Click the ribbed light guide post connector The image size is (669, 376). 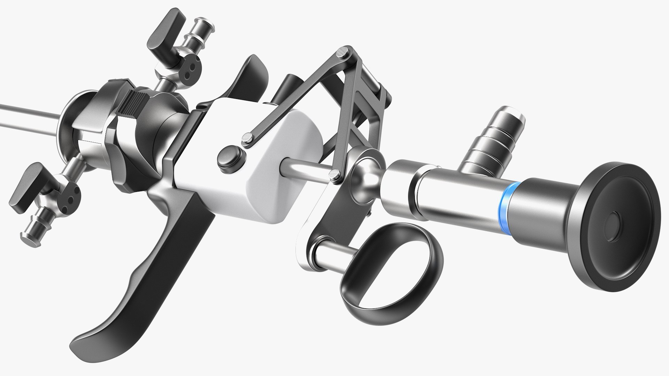pos(495,143)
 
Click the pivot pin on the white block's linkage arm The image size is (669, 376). pos(247,137)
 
